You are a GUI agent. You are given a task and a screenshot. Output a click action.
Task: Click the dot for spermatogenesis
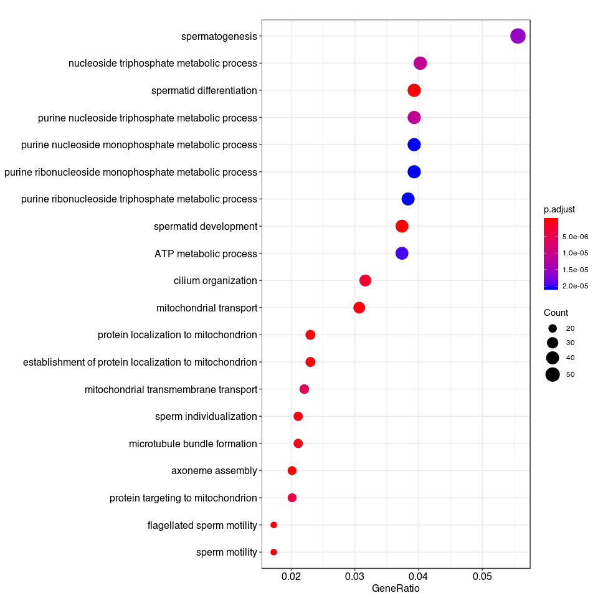[x=518, y=36]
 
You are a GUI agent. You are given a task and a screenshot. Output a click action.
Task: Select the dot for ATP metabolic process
[x=402, y=254]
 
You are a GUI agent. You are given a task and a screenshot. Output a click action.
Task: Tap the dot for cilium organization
[x=366, y=280]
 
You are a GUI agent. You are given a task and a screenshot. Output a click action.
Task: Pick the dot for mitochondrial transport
[x=359, y=308]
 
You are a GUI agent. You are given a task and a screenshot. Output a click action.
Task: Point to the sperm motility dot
[x=273, y=552]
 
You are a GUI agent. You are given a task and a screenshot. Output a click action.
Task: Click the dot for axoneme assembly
[x=292, y=470]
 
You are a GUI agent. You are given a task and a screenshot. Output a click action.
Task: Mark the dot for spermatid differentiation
[x=414, y=90]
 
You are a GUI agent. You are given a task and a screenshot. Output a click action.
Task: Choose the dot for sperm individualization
[x=298, y=416]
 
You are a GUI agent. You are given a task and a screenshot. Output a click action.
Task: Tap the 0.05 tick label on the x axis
[x=482, y=577]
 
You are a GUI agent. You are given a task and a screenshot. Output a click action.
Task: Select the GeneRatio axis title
[x=396, y=588]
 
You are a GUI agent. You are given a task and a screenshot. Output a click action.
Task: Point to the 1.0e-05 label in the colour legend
[x=575, y=253]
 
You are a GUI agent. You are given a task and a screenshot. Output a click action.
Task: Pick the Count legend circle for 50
[x=552, y=374]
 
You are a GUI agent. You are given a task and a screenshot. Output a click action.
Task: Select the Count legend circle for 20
[x=552, y=328]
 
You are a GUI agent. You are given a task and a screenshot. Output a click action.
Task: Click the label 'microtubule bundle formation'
[x=192, y=444]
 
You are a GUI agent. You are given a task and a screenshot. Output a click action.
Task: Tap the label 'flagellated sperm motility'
[x=202, y=525]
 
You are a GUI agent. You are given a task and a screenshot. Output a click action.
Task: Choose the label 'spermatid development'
[x=205, y=226]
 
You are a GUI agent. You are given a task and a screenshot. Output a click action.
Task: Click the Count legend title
[x=556, y=313]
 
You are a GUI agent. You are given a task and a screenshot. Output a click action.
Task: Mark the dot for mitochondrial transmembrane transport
[x=304, y=389]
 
